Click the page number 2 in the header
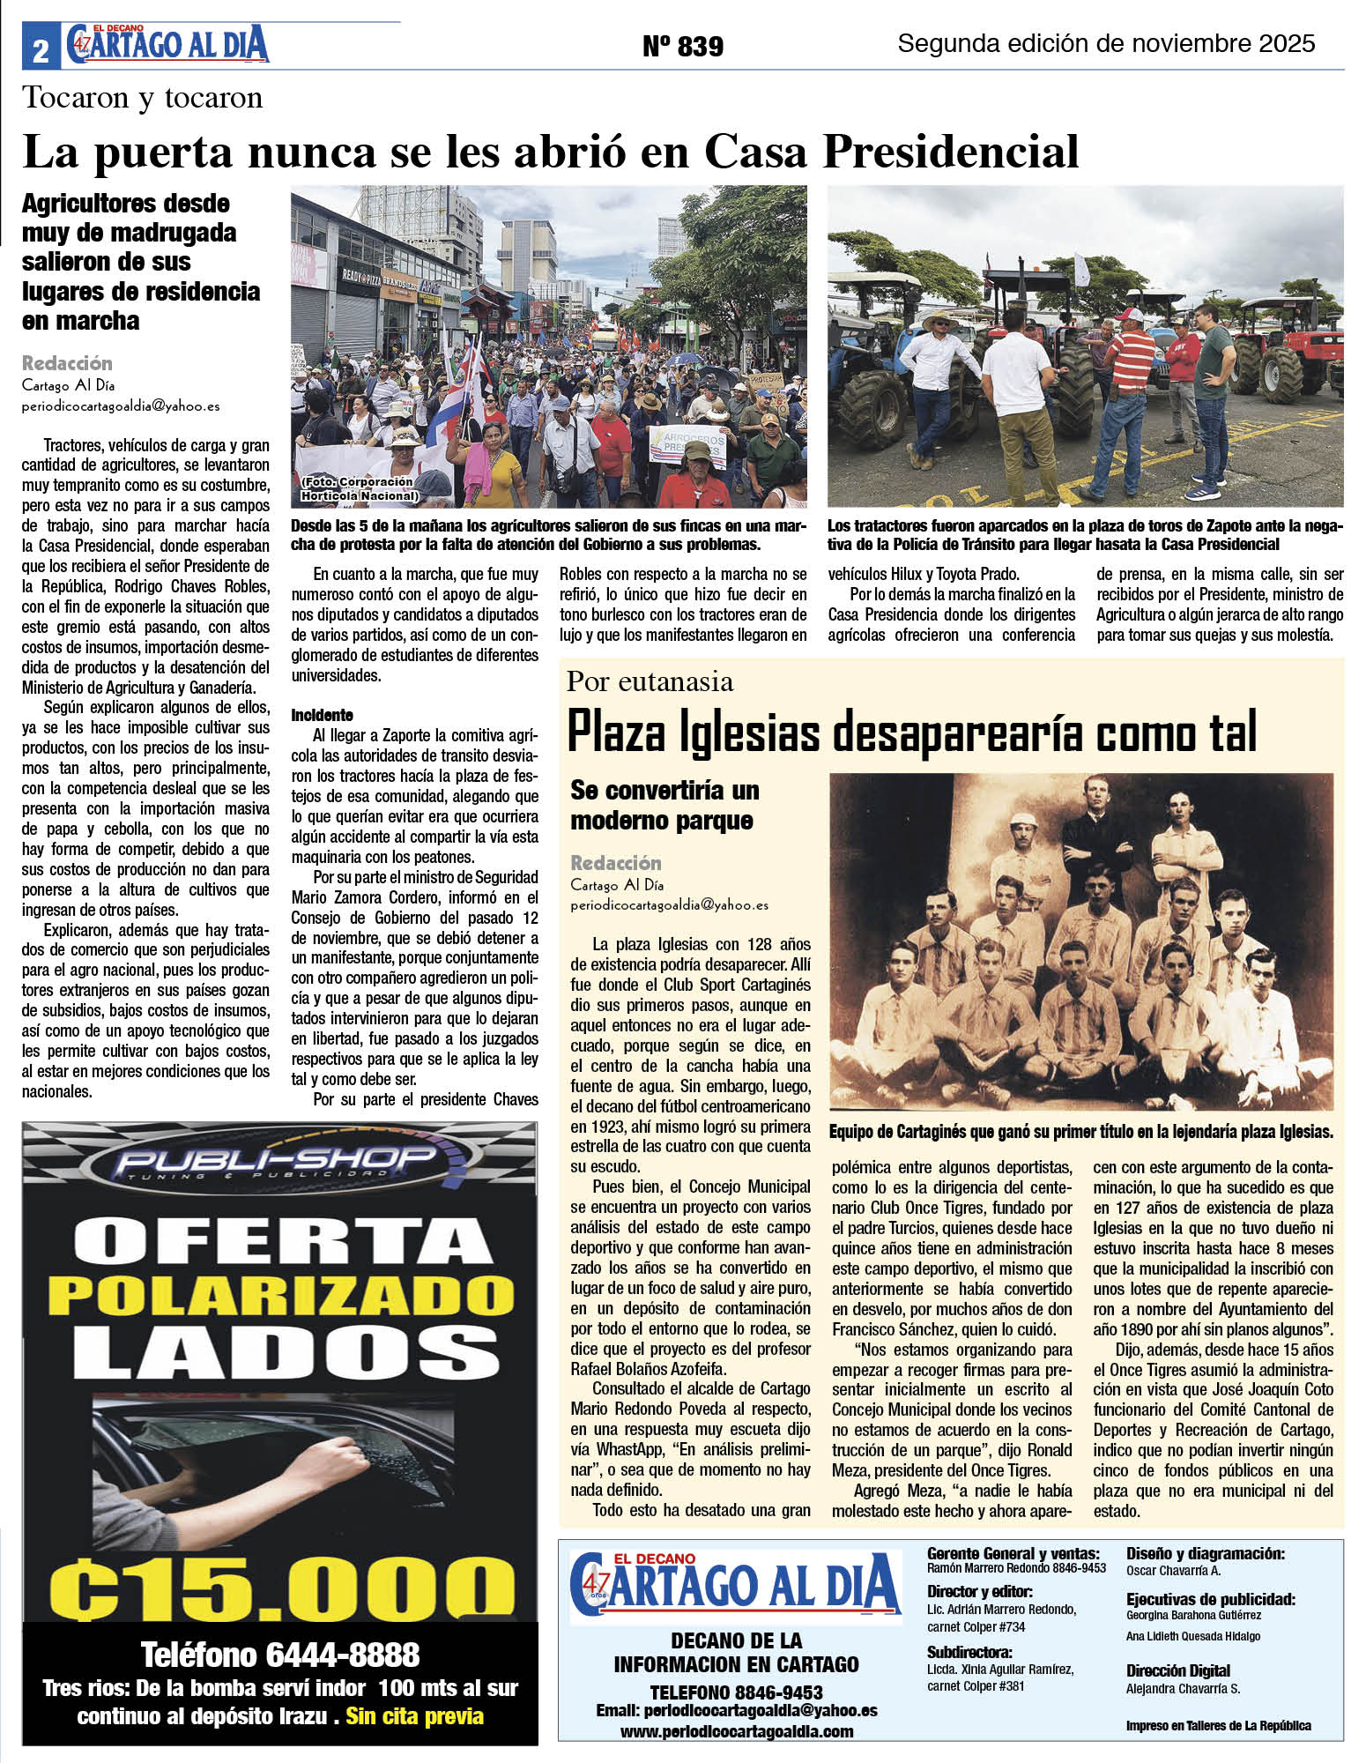tap(41, 51)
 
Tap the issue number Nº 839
tap(683, 46)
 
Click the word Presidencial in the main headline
tap(951, 152)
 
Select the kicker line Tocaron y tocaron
tap(143, 98)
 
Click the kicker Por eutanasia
tap(650, 681)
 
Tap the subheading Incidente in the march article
tap(322, 715)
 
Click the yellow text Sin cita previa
tap(415, 1716)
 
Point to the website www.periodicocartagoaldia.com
tap(737, 1731)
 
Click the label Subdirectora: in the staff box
tap(969, 1652)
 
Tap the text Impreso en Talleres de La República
tap(1218, 1725)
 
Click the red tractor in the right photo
tap(1288, 348)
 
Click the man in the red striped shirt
tap(1129, 379)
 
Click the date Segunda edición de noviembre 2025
tap(1106, 43)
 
